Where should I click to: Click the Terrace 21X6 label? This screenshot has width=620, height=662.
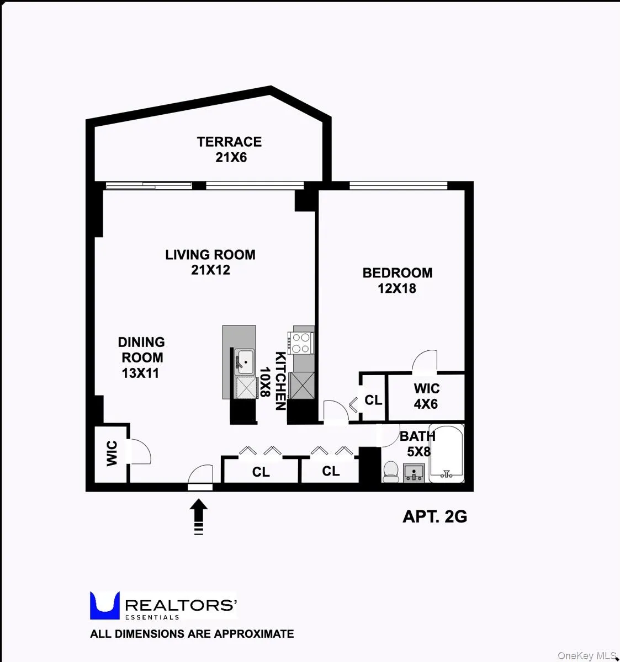click(x=230, y=150)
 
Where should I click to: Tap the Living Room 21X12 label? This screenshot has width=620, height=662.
click(x=210, y=262)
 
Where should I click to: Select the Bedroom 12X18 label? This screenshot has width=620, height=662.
click(x=397, y=280)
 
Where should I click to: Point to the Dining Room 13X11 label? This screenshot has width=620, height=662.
click(x=141, y=357)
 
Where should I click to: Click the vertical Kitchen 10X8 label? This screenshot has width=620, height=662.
click(x=273, y=381)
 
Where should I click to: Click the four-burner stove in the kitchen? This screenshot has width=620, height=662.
click(x=301, y=343)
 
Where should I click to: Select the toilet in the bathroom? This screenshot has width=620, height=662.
click(x=391, y=471)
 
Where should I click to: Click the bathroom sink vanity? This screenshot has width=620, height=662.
click(x=414, y=472)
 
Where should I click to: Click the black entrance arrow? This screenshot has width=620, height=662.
click(x=199, y=516)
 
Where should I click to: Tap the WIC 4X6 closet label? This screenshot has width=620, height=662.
click(x=426, y=396)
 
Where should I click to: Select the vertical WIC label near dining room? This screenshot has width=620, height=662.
click(x=112, y=453)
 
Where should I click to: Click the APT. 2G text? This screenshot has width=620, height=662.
click(x=435, y=516)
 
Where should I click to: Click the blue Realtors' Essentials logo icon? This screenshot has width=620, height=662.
click(x=104, y=605)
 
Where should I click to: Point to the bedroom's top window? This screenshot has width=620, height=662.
click(x=398, y=186)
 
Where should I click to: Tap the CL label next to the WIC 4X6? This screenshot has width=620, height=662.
click(x=373, y=400)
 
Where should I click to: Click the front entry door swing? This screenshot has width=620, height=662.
click(x=201, y=476)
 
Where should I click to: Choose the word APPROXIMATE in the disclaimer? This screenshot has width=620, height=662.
click(x=254, y=634)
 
